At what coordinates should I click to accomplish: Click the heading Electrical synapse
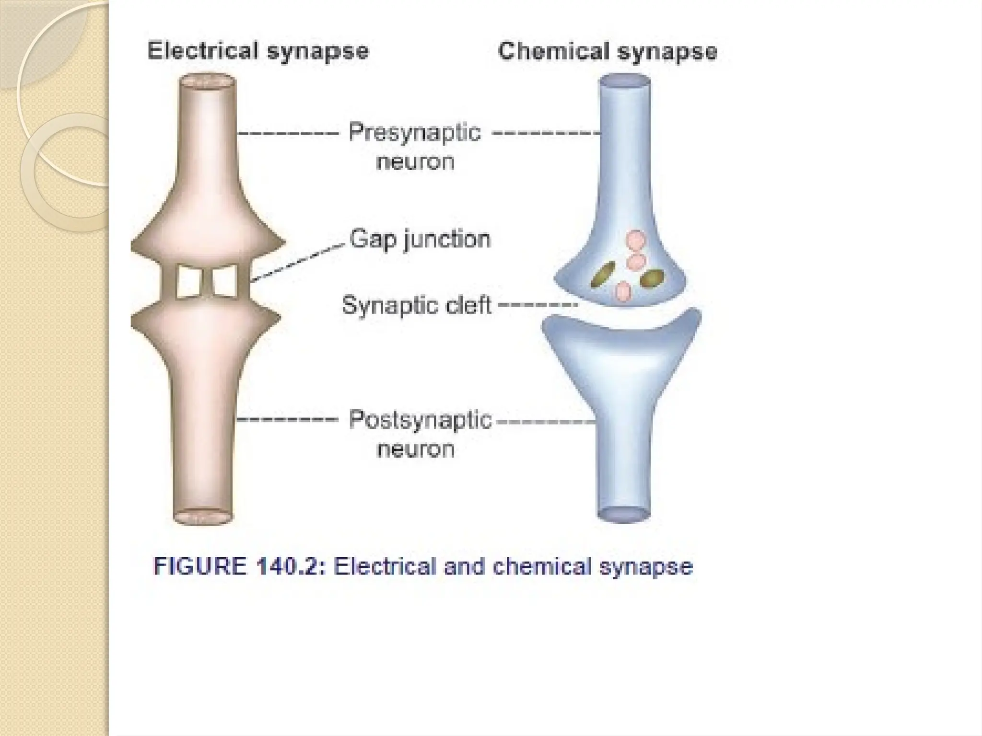click(x=258, y=51)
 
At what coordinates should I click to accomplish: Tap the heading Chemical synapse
click(x=608, y=51)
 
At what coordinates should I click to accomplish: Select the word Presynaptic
click(x=415, y=132)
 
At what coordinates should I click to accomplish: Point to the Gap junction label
click(x=420, y=239)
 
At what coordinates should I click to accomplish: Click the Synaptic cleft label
click(x=417, y=305)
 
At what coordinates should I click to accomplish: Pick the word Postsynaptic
click(x=420, y=420)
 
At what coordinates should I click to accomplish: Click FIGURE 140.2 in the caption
click(x=235, y=566)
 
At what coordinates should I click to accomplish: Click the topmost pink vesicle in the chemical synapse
click(x=636, y=240)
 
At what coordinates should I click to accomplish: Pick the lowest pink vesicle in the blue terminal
click(x=623, y=291)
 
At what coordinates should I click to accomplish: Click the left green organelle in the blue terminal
click(x=603, y=274)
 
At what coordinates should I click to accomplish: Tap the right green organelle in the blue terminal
click(x=652, y=278)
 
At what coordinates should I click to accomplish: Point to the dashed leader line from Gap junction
click(x=297, y=262)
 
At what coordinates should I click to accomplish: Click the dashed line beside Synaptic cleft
click(x=537, y=304)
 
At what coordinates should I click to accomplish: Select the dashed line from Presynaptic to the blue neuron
click(x=547, y=133)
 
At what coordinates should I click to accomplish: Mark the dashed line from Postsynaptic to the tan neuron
click(x=288, y=420)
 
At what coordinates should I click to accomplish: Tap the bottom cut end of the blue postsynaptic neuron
click(x=623, y=514)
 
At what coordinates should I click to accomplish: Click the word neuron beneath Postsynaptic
click(x=416, y=449)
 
